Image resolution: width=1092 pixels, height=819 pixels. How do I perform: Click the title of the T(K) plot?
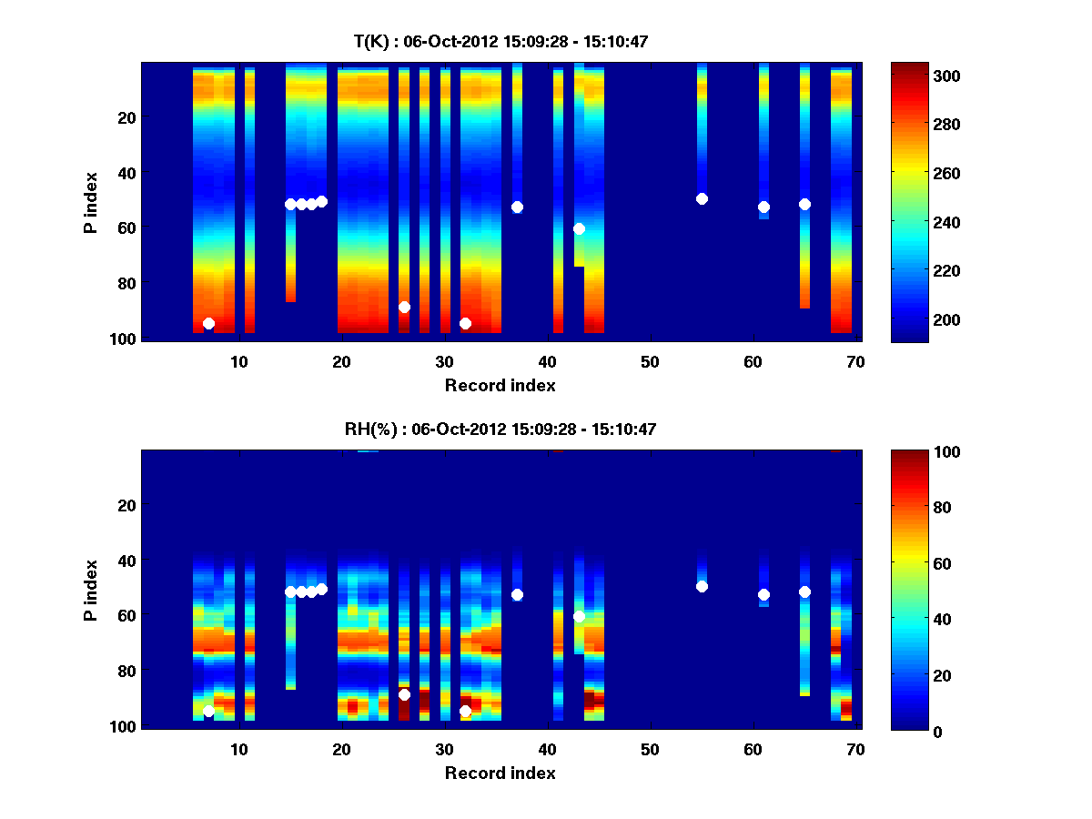click(x=500, y=42)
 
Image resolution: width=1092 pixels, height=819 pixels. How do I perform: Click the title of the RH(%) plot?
click(x=500, y=430)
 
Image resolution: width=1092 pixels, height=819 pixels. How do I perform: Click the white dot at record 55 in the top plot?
click(x=702, y=198)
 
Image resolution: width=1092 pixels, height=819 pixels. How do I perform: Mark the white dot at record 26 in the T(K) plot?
click(x=404, y=307)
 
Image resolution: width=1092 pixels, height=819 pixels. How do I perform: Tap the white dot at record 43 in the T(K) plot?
click(x=579, y=228)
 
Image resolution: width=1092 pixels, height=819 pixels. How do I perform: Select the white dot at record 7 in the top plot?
click(x=208, y=323)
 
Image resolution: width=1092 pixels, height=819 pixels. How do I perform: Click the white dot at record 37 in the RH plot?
click(x=517, y=594)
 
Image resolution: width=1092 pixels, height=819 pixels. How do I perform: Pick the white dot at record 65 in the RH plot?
click(x=804, y=591)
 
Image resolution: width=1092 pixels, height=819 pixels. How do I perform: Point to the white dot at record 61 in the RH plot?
click(x=763, y=594)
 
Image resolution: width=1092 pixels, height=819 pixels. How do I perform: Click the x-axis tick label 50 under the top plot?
click(x=650, y=362)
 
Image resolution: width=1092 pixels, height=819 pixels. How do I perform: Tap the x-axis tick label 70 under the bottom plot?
click(x=855, y=750)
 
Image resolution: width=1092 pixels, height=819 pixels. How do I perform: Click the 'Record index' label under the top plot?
click(x=500, y=385)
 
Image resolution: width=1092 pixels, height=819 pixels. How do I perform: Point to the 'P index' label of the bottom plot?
click(x=91, y=590)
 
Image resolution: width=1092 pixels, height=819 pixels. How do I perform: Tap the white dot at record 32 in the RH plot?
click(x=465, y=711)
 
